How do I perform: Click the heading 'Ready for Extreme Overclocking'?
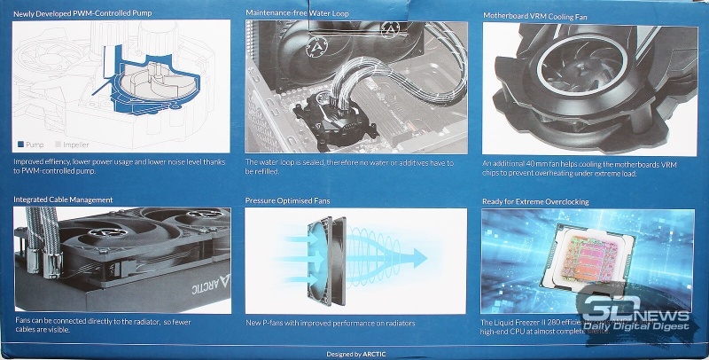click(535, 201)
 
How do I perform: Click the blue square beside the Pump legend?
click(20, 143)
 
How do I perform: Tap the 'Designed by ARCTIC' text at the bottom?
click(354, 353)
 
